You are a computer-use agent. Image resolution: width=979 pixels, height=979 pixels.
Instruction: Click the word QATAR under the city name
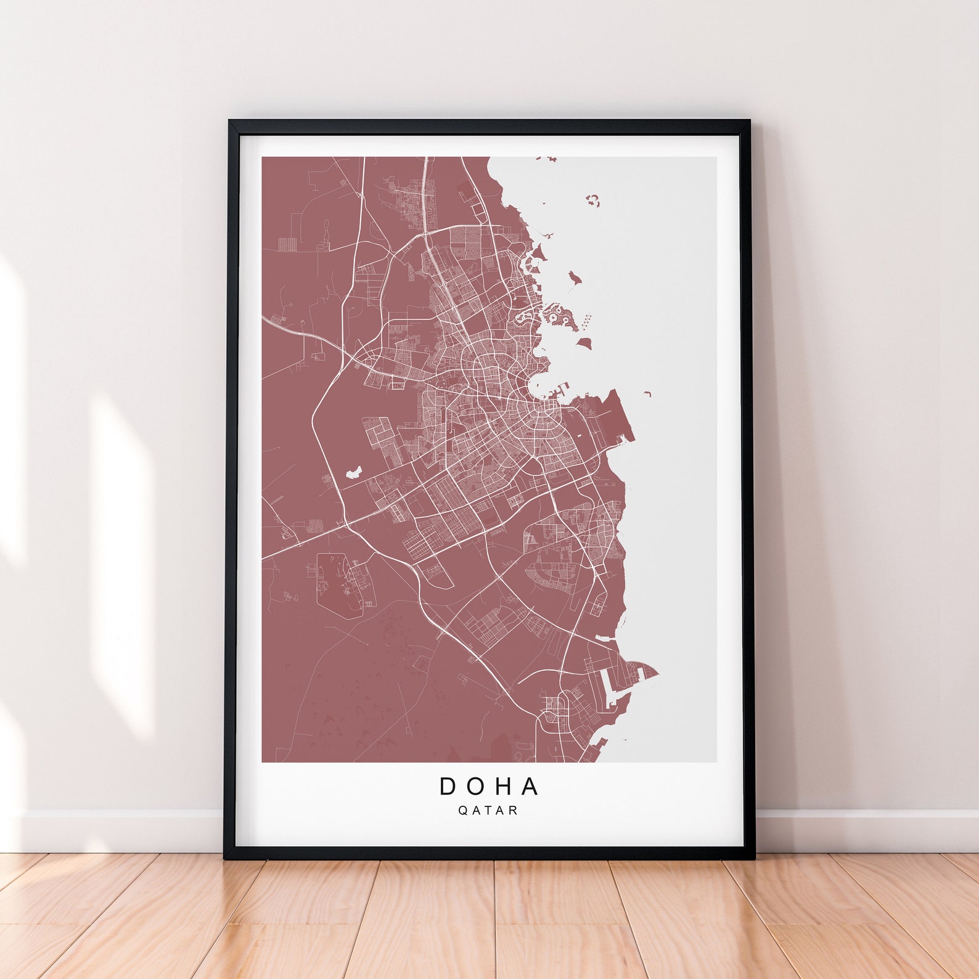tap(488, 811)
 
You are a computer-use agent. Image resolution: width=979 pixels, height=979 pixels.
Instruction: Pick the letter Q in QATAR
tap(462, 811)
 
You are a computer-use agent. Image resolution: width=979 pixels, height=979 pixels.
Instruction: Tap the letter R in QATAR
tap(514, 811)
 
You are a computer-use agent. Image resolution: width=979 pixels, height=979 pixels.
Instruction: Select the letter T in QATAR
tap(488, 811)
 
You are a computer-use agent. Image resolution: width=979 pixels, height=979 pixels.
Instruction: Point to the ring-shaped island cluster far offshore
tap(594, 200)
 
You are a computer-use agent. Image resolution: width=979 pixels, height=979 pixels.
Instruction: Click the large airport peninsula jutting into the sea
tap(610, 419)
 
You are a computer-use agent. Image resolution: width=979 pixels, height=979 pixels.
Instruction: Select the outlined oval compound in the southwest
tap(336, 583)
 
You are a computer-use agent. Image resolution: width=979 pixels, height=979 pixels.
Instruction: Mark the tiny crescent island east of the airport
tap(648, 393)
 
